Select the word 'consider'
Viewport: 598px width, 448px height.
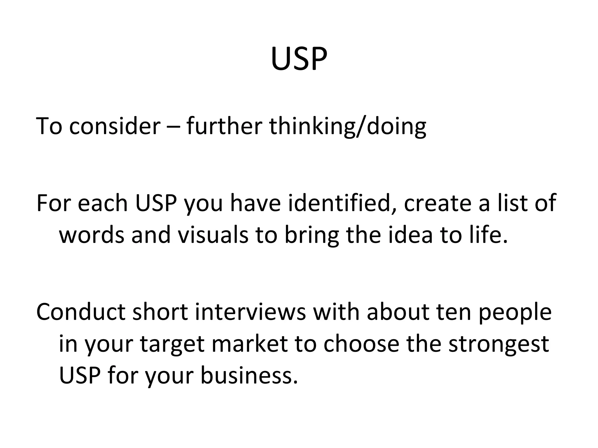[x=115, y=126]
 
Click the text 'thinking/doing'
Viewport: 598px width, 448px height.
[x=347, y=126]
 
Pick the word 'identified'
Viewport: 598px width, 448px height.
[x=340, y=203]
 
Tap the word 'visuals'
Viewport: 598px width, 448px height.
[x=213, y=235]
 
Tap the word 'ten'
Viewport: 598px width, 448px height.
[x=454, y=312]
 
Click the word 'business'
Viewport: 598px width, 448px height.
[x=247, y=375]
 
